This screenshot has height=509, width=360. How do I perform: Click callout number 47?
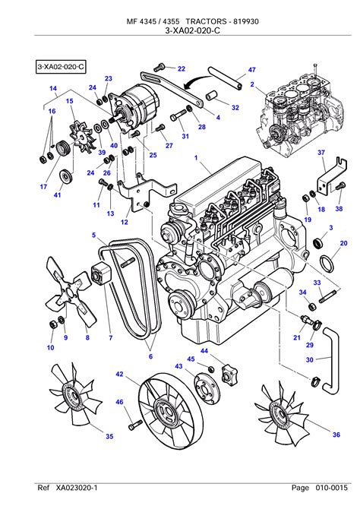(252, 70)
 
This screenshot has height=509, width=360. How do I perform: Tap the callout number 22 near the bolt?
(182, 68)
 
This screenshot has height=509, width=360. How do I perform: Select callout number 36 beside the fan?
(336, 435)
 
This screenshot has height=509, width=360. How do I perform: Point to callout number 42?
(119, 374)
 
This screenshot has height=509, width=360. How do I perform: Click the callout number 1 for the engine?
(196, 158)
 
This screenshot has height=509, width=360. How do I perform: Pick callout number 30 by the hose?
(310, 359)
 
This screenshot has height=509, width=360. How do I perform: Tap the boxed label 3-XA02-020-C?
(61, 67)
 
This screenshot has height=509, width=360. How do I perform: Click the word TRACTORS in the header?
(206, 21)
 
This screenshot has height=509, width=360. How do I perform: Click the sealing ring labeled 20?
(327, 264)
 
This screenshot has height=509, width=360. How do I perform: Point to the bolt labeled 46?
(135, 425)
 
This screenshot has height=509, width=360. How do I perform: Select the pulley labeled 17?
(62, 149)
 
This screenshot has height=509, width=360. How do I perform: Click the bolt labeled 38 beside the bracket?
(340, 186)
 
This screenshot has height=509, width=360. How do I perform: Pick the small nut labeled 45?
(210, 369)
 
